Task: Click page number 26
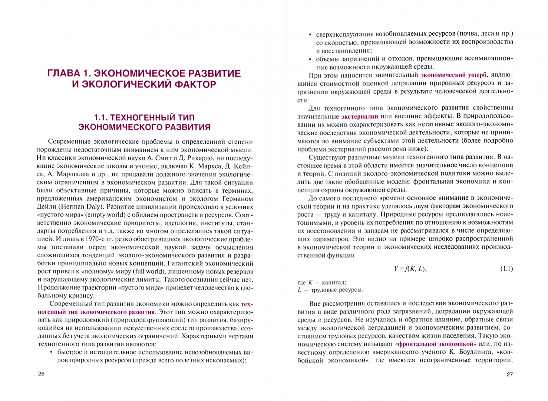click(x=41, y=374)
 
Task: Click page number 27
click(x=509, y=374)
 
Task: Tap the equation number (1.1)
click(x=506, y=268)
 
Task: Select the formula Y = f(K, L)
click(x=410, y=269)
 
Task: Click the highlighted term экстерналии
click(x=359, y=117)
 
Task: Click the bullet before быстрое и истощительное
click(x=51, y=352)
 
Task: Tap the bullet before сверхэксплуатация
click(x=310, y=35)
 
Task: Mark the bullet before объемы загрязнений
click(x=310, y=59)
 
